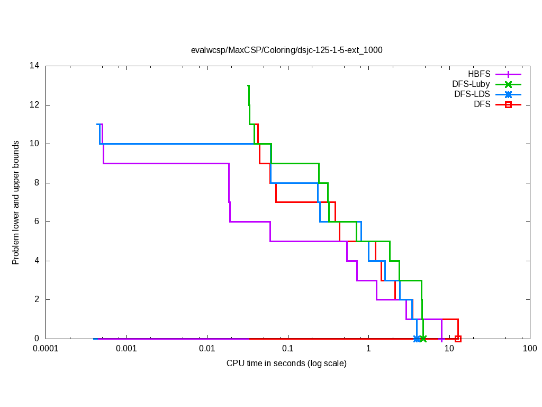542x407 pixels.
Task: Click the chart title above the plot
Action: click(286, 50)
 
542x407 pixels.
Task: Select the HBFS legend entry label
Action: click(479, 74)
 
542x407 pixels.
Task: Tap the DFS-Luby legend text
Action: click(471, 84)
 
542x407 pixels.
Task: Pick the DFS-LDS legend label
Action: click(472, 94)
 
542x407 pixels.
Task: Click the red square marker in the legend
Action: click(508, 105)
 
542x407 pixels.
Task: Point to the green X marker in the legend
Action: click(508, 84)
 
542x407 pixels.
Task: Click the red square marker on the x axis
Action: click(458, 339)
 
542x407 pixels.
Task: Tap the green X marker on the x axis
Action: click(423, 339)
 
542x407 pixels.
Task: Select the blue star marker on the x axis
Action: click(417, 339)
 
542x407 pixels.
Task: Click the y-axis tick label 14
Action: click(35, 66)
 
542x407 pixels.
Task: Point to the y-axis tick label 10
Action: click(35, 144)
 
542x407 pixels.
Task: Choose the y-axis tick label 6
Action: click(38, 222)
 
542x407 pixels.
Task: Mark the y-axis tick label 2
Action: click(38, 299)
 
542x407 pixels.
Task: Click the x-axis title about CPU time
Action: click(286, 364)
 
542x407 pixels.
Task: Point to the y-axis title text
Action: click(16, 202)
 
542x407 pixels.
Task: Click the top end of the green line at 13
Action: click(248, 86)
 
